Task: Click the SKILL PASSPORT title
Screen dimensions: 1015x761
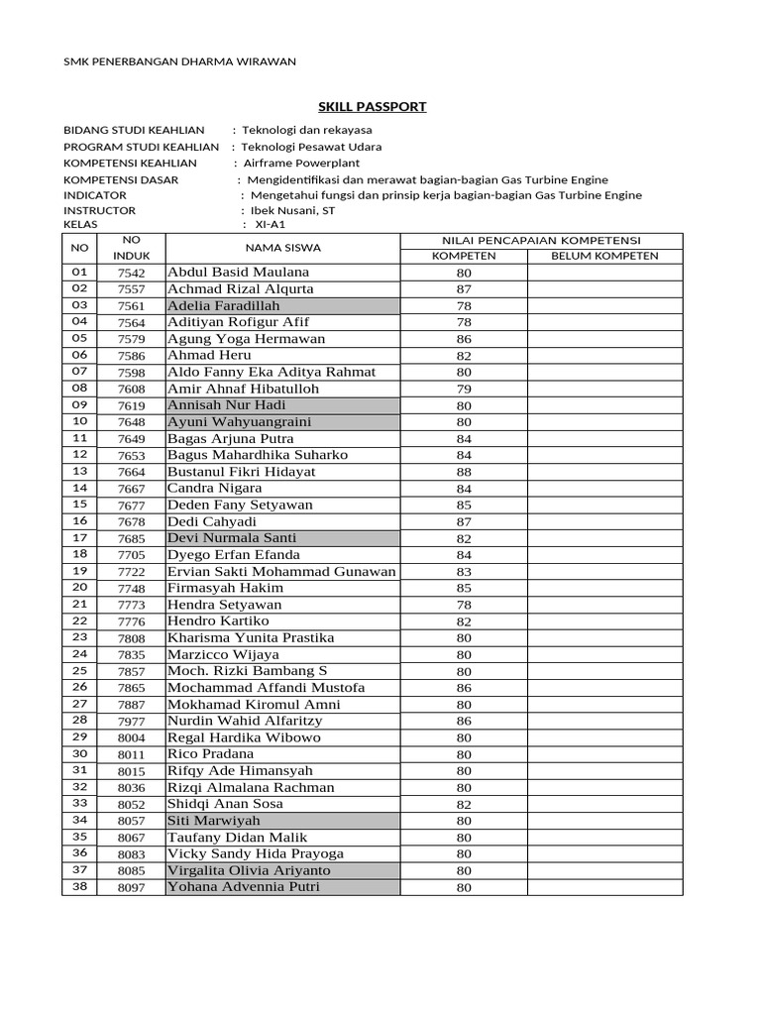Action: pyautogui.click(x=372, y=106)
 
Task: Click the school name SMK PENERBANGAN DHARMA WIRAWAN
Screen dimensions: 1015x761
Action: pyautogui.click(x=179, y=61)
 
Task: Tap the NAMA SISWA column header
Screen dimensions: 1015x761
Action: pyautogui.click(x=282, y=248)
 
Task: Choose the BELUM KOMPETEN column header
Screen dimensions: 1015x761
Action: pyautogui.click(x=604, y=256)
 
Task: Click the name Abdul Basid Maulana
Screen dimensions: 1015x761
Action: pyautogui.click(x=239, y=272)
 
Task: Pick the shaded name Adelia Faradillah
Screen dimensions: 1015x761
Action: pyautogui.click(x=224, y=305)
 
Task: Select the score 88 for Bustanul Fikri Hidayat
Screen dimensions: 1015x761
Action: pyautogui.click(x=464, y=472)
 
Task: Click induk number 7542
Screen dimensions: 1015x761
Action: pyautogui.click(x=131, y=273)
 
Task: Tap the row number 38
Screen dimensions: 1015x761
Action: pyautogui.click(x=80, y=886)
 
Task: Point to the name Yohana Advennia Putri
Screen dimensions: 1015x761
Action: pyautogui.click(x=244, y=886)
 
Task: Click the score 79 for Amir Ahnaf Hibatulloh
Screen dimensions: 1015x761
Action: pyautogui.click(x=464, y=389)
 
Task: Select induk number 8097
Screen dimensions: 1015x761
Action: pyautogui.click(x=131, y=888)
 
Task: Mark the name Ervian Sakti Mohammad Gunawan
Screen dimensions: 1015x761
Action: pyautogui.click(x=281, y=571)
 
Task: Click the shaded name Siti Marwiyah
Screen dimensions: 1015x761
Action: pyautogui.click(x=214, y=821)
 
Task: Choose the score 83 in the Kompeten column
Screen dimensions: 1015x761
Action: pyautogui.click(x=464, y=572)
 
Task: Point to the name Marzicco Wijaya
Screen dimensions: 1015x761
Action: pyautogui.click(x=224, y=654)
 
